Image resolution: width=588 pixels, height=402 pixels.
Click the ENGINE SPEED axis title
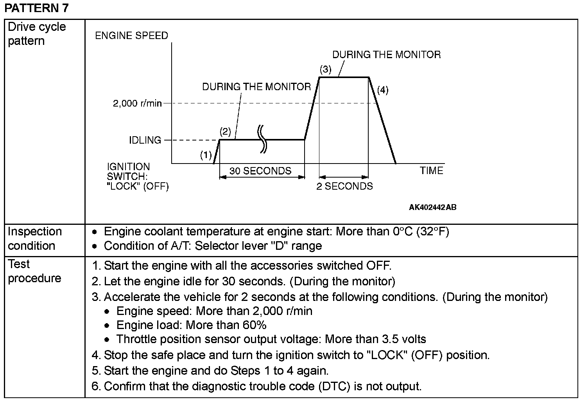(131, 36)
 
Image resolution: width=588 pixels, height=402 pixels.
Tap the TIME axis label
(432, 171)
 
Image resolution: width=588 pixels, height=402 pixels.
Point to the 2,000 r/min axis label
(137, 103)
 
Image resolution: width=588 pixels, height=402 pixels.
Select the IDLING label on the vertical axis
(145, 140)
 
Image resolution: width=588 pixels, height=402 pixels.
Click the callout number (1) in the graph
(206, 155)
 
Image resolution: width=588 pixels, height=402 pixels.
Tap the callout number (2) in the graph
(225, 131)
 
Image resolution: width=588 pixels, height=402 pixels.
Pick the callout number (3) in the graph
(325, 69)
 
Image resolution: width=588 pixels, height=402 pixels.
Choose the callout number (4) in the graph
(382, 90)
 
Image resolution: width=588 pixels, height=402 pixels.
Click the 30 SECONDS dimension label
(260, 171)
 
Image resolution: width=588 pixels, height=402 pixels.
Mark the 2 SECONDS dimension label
(344, 186)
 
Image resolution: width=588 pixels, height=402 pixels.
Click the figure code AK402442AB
(432, 207)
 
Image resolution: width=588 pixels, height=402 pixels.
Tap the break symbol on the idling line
(262, 139)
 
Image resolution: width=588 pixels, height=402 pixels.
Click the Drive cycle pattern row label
(37, 34)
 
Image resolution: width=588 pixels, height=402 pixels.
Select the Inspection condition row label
(35, 238)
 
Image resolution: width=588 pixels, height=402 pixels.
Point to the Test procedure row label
(34, 271)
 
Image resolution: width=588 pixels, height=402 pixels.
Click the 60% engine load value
(255, 325)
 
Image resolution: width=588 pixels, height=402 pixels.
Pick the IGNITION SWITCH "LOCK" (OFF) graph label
(138, 177)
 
